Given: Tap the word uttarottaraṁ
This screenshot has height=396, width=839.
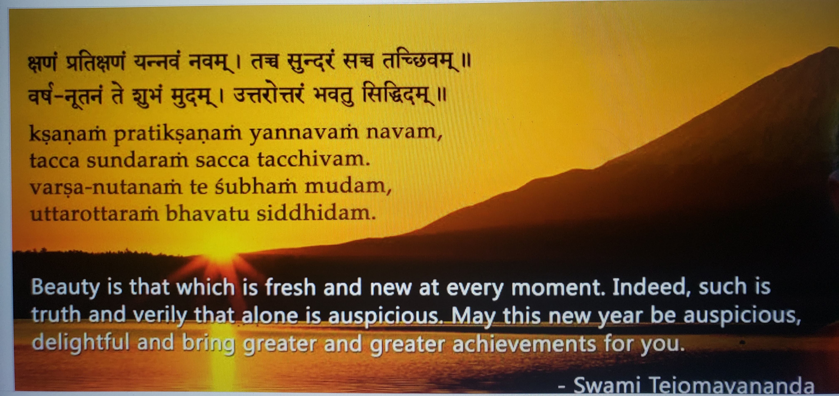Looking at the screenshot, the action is (94, 214).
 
